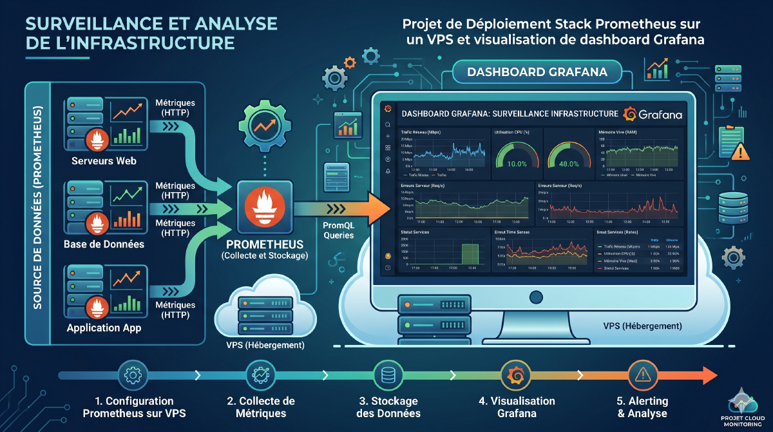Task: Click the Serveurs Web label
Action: point(104,161)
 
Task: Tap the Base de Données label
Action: point(104,244)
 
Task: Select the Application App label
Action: point(104,328)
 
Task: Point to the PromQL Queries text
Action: point(339,231)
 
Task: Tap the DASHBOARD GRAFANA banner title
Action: point(537,72)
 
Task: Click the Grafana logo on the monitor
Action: point(653,114)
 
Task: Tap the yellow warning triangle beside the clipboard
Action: point(741,152)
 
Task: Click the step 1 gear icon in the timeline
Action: point(132,375)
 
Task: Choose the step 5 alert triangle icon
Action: point(641,374)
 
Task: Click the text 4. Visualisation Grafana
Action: point(517,407)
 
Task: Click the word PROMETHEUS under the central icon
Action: point(265,246)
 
